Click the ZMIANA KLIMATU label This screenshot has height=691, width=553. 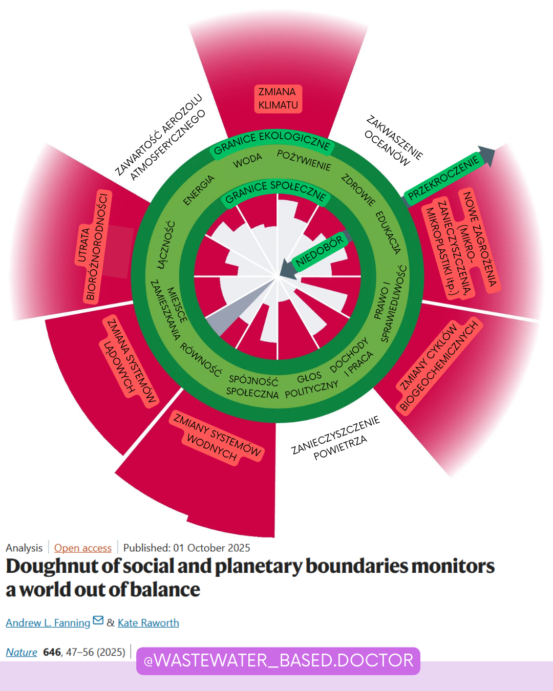tap(278, 98)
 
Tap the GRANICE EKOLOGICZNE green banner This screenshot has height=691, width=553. tap(272, 142)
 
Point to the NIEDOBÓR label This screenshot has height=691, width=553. tap(319, 252)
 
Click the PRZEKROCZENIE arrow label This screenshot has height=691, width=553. tap(443, 177)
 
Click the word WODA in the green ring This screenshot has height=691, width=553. tap(248, 161)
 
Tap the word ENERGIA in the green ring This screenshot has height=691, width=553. tap(199, 190)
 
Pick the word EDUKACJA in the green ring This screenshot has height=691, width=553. tap(388, 232)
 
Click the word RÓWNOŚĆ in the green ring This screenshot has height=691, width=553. tap(201, 359)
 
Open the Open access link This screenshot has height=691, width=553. tap(82, 548)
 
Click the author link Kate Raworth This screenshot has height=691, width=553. tap(148, 622)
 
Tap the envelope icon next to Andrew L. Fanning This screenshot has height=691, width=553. tap(98, 621)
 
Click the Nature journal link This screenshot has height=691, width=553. tap(22, 652)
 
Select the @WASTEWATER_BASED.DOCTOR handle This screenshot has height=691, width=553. tap(278, 661)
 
